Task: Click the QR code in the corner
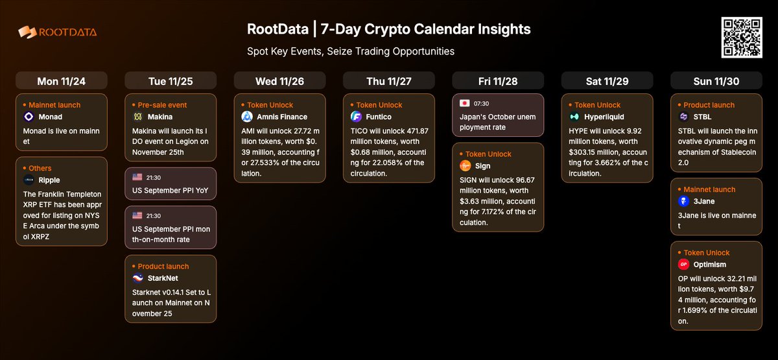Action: pyautogui.click(x=741, y=38)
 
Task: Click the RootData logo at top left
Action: pyautogui.click(x=58, y=32)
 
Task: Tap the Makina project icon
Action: pyautogui.click(x=138, y=117)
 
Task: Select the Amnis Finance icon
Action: pyautogui.click(x=247, y=117)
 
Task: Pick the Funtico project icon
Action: pyautogui.click(x=356, y=117)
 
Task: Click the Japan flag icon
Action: pyautogui.click(x=464, y=103)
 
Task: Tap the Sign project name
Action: pyautogui.click(x=483, y=166)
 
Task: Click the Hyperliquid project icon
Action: pyautogui.click(x=574, y=117)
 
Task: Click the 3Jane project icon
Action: pyautogui.click(x=683, y=202)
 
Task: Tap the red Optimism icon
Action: pyautogui.click(x=683, y=265)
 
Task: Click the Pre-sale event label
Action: pyautogui.click(x=163, y=104)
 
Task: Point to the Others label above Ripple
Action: pyautogui.click(x=40, y=168)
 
